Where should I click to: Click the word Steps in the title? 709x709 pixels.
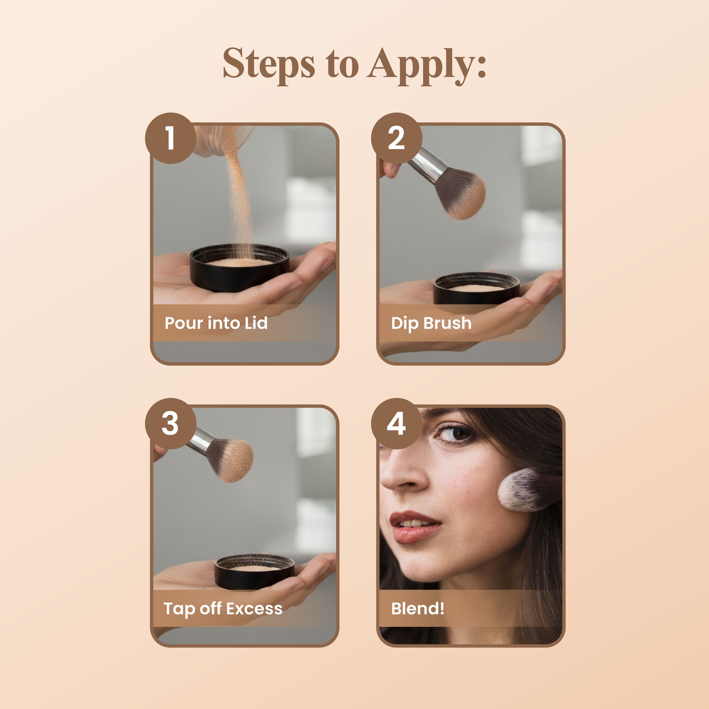click(269, 63)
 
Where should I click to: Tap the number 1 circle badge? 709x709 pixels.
click(170, 138)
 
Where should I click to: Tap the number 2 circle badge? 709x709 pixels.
click(396, 138)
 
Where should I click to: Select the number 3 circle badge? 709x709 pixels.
click(170, 423)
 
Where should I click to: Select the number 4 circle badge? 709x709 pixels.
click(396, 423)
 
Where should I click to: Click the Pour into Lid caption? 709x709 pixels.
click(216, 323)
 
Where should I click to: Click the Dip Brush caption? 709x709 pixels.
click(431, 323)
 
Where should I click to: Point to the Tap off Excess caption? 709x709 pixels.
click(223, 608)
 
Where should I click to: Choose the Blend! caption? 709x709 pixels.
click(418, 608)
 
